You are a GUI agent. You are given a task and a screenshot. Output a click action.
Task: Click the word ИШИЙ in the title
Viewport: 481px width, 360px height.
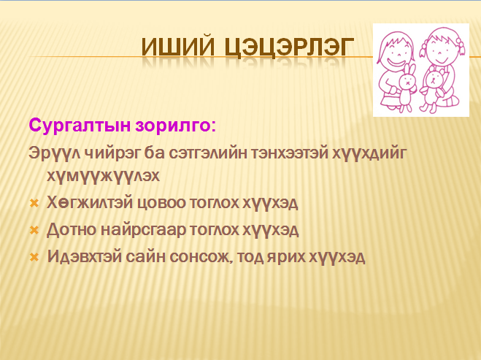(x=178, y=47)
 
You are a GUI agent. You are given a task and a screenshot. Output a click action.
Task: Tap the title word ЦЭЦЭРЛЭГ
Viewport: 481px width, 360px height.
(x=289, y=48)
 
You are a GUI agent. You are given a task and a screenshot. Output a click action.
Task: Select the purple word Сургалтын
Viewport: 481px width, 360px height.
(x=80, y=126)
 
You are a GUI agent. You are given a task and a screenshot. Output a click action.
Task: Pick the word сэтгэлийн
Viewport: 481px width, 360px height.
(x=208, y=153)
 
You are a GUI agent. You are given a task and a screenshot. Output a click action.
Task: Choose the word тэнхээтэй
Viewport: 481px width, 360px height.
(x=290, y=153)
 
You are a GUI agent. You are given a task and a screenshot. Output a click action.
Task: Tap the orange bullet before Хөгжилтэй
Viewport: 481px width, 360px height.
(x=34, y=203)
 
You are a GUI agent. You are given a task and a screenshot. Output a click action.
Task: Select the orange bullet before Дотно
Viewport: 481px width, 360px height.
(x=34, y=230)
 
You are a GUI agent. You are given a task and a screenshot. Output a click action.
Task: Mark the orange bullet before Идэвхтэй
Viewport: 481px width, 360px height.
(x=34, y=257)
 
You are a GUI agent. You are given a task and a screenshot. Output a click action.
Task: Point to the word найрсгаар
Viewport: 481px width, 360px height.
(x=143, y=230)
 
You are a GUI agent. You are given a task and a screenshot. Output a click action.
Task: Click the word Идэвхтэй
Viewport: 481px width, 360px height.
(x=85, y=256)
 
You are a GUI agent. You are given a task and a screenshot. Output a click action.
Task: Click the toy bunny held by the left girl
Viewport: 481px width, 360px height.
(x=407, y=87)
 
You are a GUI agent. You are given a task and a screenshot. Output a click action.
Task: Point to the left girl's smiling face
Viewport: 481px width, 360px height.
(x=396, y=52)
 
